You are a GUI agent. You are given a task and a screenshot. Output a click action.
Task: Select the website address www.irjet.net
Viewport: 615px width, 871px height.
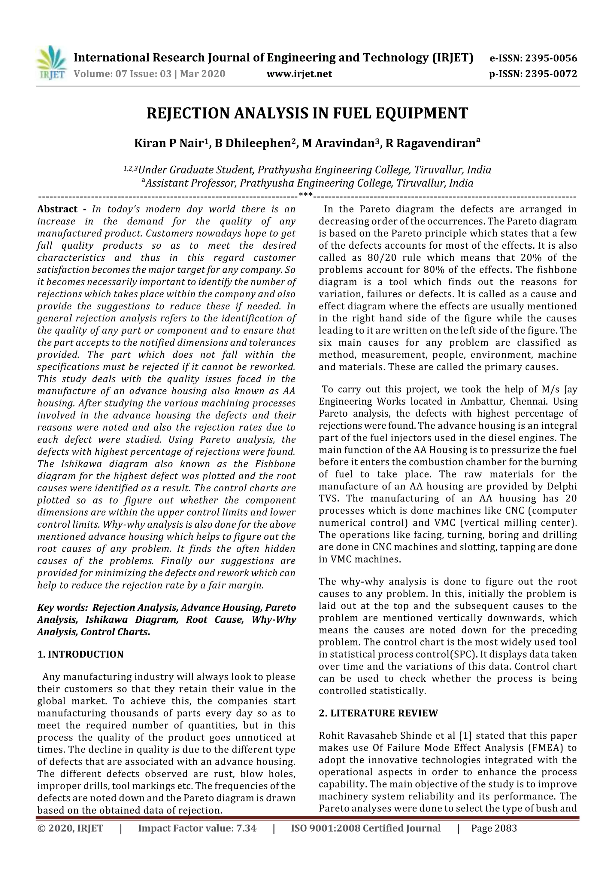tap(299, 74)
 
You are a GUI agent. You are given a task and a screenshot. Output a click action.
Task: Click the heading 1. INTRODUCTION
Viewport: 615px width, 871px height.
tap(80, 654)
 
